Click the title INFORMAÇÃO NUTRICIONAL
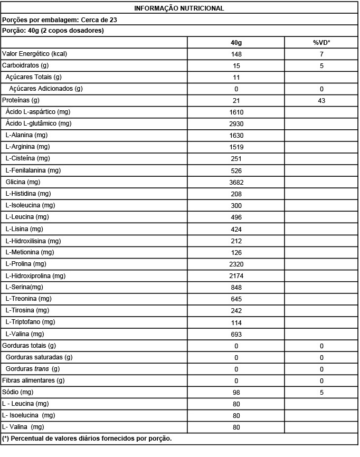179,8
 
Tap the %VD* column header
321,42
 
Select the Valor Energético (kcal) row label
34,54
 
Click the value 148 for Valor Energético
236,54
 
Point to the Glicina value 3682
236,182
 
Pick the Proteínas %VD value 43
321,101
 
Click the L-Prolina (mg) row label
26,264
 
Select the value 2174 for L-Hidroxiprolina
236,276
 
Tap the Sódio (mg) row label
18,392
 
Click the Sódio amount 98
236,393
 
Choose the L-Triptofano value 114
236,322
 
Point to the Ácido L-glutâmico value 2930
236,124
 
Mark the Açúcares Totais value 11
236,78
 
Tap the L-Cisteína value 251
236,159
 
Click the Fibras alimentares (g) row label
33,380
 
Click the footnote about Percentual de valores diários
87,439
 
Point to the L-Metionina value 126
236,253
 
